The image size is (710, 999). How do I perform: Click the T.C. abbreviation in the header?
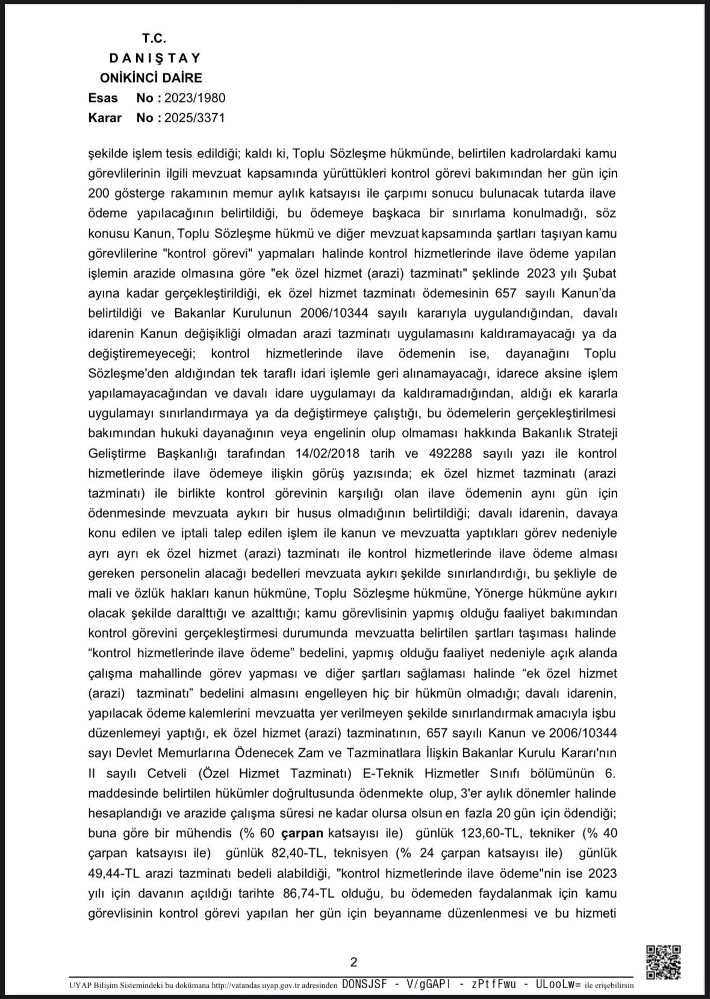154,39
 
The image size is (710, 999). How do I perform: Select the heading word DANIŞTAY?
155,58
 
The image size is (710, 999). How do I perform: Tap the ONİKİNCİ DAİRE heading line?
151,78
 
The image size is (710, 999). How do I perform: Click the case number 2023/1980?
195,98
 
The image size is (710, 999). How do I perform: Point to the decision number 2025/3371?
195,118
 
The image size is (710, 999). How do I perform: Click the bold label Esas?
103,98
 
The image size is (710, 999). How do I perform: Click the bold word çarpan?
302,833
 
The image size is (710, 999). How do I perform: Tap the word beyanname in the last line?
408,913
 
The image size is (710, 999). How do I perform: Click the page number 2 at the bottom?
353,962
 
